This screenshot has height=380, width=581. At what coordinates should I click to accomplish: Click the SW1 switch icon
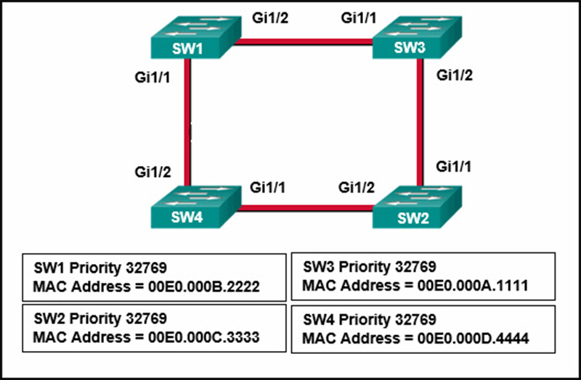[x=196, y=37]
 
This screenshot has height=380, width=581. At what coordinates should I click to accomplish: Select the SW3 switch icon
[x=417, y=37]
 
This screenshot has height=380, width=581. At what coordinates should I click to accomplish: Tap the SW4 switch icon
[x=196, y=207]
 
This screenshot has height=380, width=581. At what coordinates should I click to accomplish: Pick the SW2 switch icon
[x=417, y=207]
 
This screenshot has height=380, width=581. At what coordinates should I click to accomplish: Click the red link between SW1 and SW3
[x=303, y=42]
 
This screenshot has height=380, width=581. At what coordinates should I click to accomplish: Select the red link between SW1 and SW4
[x=187, y=122]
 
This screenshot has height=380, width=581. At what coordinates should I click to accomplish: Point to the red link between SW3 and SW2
[x=420, y=122]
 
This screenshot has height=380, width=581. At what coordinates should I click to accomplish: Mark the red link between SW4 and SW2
[x=305, y=208]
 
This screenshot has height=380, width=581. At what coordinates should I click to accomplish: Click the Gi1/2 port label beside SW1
[x=270, y=17]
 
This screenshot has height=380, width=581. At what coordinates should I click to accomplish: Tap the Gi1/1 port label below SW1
[x=153, y=78]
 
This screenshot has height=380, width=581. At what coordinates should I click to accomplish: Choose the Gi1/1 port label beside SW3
[x=359, y=17]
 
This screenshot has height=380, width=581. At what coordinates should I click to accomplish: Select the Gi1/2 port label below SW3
[x=455, y=75]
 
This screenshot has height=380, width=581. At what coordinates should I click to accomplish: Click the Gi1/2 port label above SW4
[x=153, y=172]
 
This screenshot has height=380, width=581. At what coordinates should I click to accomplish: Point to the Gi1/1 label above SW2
[x=453, y=167]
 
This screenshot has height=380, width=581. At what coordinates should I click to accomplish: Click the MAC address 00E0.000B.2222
[x=204, y=286]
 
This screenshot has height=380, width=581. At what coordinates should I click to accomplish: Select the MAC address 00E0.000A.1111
[x=473, y=286]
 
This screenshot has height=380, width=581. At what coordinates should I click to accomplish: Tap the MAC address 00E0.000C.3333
[x=204, y=337]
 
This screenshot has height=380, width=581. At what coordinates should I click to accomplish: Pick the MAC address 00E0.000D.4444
[x=474, y=339]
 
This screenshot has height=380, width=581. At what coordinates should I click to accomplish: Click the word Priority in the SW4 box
[x=365, y=320]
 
